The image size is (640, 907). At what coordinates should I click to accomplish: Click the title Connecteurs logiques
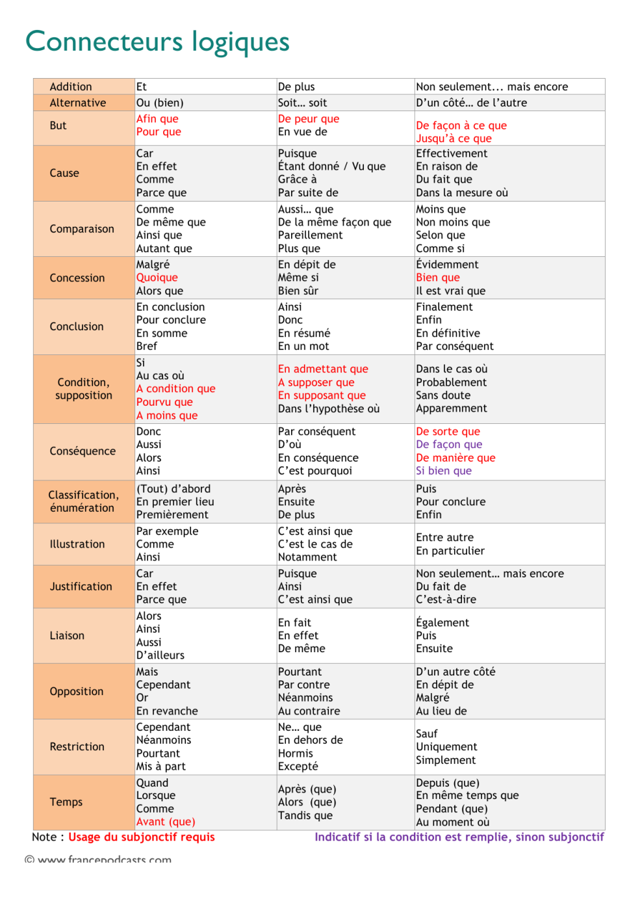pos(157,42)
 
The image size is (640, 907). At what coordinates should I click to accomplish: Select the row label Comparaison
pos(82,229)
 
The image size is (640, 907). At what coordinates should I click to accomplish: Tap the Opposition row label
pos(77,691)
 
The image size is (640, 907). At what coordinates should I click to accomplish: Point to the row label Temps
pos(66,802)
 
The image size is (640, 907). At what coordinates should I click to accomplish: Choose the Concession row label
pos(77,278)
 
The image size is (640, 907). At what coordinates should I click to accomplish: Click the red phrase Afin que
pos(157,119)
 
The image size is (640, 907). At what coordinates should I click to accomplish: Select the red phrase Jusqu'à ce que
pos(454,138)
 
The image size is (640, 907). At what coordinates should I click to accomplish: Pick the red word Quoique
pos(157,278)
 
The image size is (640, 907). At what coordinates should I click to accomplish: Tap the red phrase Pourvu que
pos(164,402)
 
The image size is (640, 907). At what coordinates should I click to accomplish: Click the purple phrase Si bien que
pos(444,471)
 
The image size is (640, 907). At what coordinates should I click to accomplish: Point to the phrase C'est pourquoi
pos(315,471)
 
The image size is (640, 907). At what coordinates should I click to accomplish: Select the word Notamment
pos(307,557)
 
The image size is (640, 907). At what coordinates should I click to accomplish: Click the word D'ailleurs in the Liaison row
pos(160,655)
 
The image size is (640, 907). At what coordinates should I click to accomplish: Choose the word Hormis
pos(296,754)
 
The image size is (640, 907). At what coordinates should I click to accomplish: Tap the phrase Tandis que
pos(305,815)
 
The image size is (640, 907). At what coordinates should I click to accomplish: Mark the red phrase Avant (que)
pos(166,822)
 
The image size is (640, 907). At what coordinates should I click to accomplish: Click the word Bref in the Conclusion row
pos(147,346)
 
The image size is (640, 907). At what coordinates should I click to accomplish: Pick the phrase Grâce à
pos(298,179)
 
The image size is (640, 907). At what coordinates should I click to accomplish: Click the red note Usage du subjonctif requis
pos(142,837)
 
